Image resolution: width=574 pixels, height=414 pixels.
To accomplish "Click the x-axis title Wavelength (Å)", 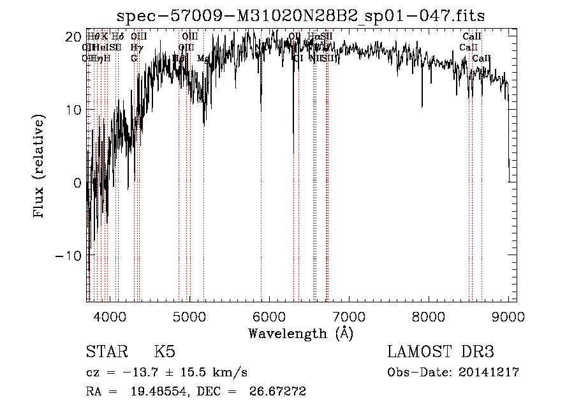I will (x=301, y=333).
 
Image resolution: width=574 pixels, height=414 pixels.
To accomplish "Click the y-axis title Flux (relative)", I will (x=40, y=167).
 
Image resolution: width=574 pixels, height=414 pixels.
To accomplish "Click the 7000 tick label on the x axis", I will (x=349, y=316).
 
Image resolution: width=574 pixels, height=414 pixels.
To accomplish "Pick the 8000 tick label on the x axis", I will (x=429, y=316).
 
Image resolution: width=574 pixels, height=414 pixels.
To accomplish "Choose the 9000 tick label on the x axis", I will (x=508, y=316).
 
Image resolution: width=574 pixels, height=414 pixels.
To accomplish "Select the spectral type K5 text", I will (x=165, y=352).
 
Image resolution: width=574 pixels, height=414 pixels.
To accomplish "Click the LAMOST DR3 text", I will (x=440, y=352).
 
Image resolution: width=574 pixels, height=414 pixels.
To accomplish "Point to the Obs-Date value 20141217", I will (x=488, y=373).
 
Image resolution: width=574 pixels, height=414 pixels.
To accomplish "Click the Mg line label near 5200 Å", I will (x=203, y=58).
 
